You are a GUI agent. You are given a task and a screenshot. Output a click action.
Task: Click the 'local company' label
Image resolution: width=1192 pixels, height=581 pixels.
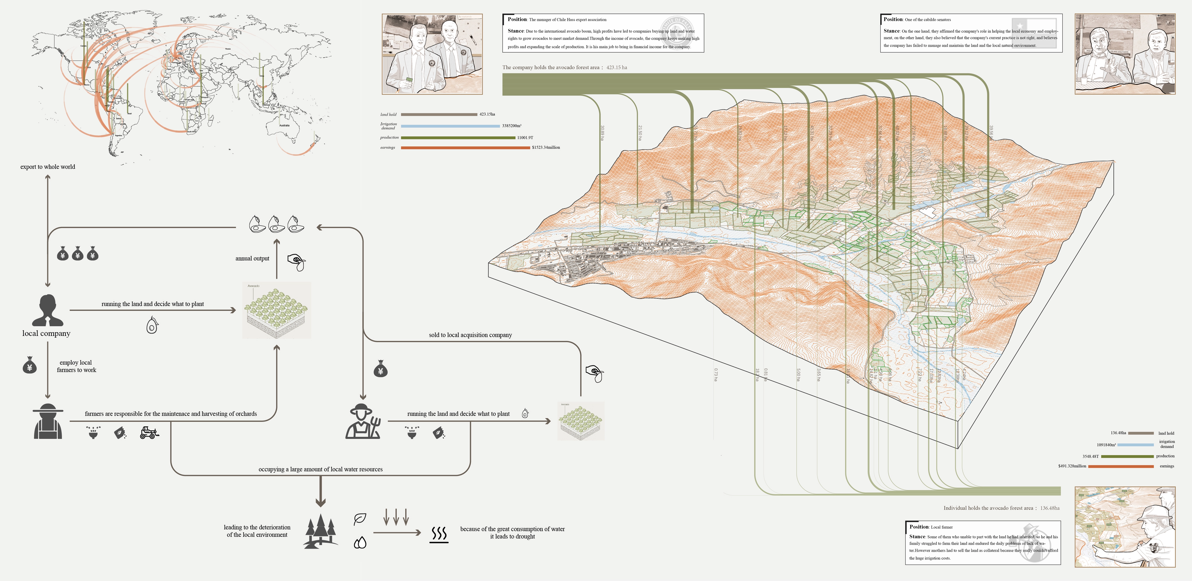tap(46, 333)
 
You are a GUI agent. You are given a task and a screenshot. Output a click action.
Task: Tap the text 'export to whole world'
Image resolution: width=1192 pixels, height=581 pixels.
tap(48, 167)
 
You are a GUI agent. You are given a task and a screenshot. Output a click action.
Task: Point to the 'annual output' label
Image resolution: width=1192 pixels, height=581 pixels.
tap(252, 258)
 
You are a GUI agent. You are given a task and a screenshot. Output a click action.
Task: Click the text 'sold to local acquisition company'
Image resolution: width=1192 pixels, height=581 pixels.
tap(470, 335)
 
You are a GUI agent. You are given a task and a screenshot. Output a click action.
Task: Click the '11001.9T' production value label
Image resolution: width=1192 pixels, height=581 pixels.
tap(525, 137)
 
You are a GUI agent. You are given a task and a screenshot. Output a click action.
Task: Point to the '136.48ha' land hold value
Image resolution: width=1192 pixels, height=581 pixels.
tap(1118, 433)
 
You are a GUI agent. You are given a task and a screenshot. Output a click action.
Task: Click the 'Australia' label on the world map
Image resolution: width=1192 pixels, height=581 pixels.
tap(284, 126)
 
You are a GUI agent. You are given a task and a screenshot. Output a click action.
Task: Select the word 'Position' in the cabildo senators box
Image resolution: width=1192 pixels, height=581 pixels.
tap(893, 19)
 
